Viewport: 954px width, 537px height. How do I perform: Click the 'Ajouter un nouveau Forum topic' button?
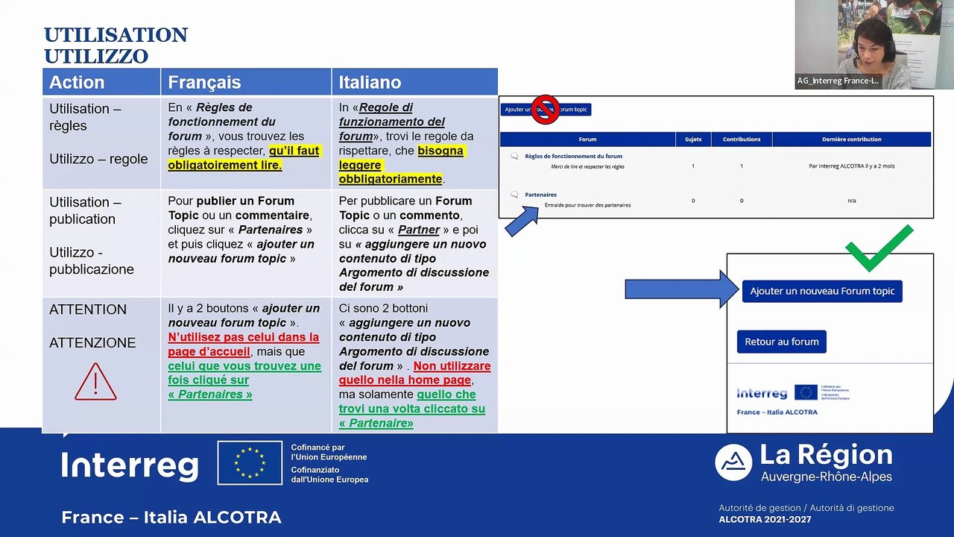[x=822, y=291]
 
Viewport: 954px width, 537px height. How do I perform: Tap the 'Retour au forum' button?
[x=781, y=342]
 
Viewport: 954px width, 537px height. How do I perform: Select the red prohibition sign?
[x=546, y=110]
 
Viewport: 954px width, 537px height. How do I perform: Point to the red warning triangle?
[x=95, y=382]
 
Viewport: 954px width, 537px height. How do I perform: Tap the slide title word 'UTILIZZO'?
[x=96, y=57]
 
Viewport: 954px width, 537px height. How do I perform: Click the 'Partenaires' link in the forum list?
[x=540, y=195]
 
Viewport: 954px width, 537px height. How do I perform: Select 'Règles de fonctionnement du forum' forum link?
[x=573, y=157]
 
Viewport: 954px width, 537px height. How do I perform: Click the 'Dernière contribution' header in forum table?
[x=851, y=139]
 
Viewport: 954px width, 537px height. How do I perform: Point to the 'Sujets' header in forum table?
[x=692, y=139]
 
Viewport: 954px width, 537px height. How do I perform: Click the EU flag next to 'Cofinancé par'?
[x=250, y=462]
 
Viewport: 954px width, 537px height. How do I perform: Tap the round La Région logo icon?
[x=733, y=462]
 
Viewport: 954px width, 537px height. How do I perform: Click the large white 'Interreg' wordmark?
[x=130, y=465]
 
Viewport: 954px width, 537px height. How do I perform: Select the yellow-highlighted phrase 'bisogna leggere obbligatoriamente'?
[x=400, y=165]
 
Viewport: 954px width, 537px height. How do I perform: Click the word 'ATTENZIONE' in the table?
[x=92, y=343]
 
